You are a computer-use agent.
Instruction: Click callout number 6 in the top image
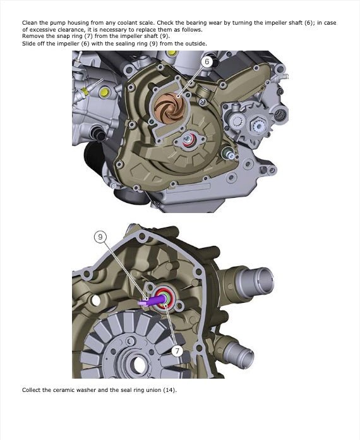click(x=207, y=62)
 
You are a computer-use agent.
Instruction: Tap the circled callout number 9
click(x=100, y=237)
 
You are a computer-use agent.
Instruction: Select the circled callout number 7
click(x=177, y=350)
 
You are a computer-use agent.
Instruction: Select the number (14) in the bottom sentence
click(x=170, y=390)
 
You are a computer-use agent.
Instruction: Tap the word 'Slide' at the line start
click(x=28, y=44)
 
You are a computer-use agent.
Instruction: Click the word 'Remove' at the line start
click(x=32, y=37)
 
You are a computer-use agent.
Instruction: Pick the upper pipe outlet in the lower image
click(x=255, y=278)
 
